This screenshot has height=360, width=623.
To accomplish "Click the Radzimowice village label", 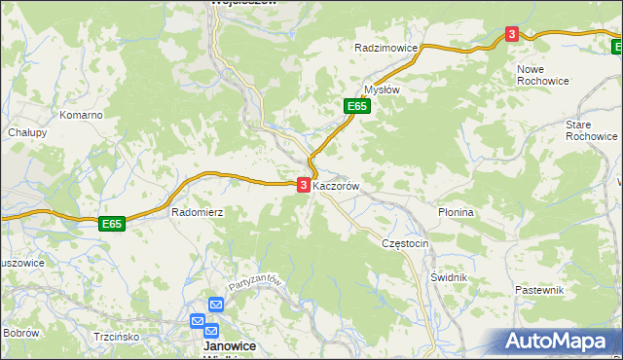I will (x=386, y=48).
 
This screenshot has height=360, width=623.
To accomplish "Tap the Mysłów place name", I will (x=382, y=89).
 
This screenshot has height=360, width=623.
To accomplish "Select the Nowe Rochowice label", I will (x=543, y=75).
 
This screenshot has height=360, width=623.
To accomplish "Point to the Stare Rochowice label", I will (x=591, y=130).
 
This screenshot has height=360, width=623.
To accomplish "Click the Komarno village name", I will (x=81, y=115).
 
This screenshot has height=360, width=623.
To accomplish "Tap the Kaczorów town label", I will (x=337, y=185).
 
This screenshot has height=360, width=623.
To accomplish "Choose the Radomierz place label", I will (x=198, y=211).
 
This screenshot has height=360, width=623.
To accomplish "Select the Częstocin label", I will (x=406, y=243).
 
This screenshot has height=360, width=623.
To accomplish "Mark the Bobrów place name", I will (x=19, y=332).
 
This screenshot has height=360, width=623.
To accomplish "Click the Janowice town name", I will (x=229, y=345).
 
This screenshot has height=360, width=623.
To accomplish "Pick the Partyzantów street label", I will (x=256, y=284).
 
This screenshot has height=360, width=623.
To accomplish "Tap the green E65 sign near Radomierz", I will (x=112, y=224).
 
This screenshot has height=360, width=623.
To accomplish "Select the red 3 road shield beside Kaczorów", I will (x=304, y=184).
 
